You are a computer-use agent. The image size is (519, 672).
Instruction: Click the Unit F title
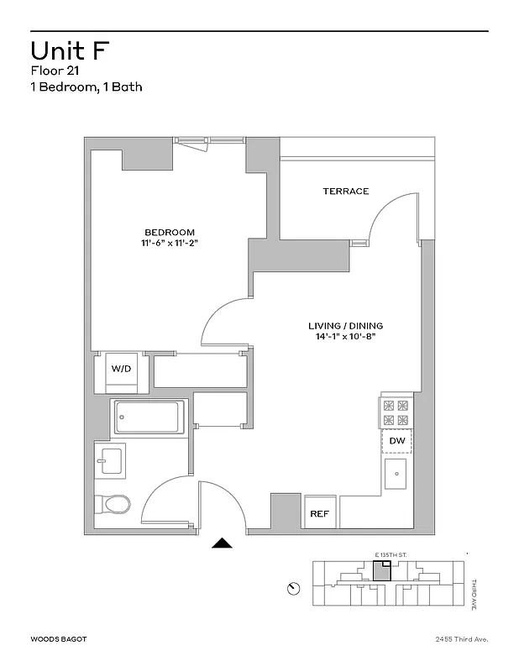(69, 50)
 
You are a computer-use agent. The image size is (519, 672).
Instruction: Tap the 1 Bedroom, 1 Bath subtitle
(81, 87)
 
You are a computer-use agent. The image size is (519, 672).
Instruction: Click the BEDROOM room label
(170, 233)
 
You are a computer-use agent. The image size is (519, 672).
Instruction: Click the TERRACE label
(346, 192)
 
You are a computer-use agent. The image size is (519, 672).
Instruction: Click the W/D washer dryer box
(123, 370)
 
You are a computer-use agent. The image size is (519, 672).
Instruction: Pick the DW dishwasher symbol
(397, 440)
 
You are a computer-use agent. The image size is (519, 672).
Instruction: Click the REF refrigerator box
(319, 513)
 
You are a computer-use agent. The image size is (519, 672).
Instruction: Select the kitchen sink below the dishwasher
(397, 475)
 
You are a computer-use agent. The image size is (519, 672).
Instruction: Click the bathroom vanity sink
(109, 460)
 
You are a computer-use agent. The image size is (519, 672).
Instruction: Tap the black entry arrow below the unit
(222, 543)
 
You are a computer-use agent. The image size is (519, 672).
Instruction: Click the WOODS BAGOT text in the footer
(58, 639)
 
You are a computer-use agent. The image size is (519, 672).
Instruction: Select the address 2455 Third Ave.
(461, 639)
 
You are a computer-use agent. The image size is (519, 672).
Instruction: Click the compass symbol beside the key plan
(293, 587)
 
